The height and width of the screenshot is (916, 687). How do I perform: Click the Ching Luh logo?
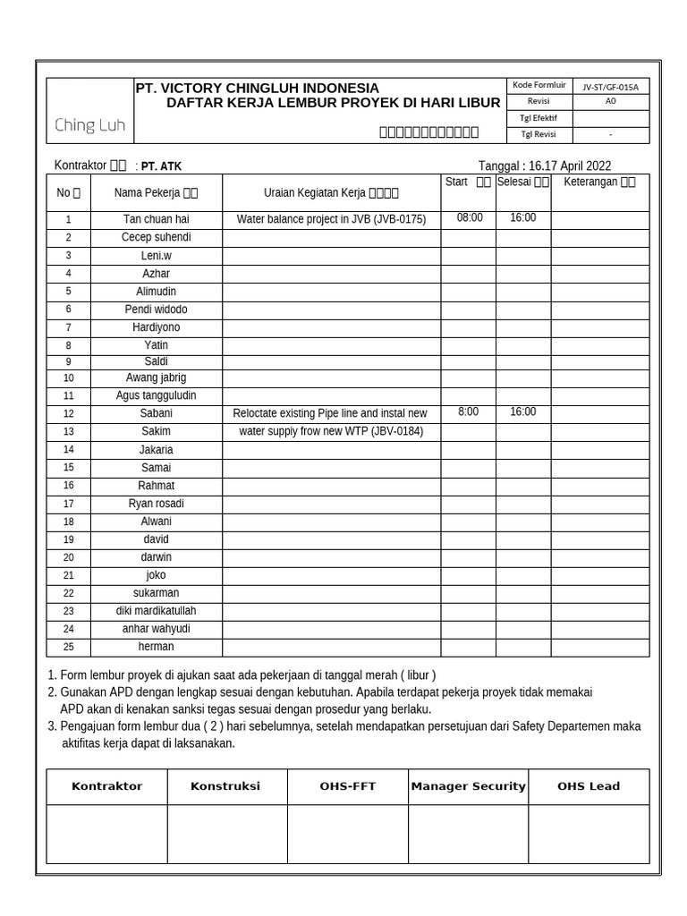click(x=89, y=125)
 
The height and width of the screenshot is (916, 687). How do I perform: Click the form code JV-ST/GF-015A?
click(x=610, y=87)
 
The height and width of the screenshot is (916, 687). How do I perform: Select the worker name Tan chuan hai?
click(x=157, y=219)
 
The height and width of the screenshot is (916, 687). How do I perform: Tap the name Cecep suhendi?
click(x=157, y=237)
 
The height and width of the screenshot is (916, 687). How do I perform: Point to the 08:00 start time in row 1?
click(x=470, y=217)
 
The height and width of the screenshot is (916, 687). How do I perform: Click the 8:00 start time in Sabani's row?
click(x=468, y=411)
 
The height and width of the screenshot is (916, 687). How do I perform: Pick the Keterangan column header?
click(x=599, y=182)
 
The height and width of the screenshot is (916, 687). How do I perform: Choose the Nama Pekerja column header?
click(x=156, y=192)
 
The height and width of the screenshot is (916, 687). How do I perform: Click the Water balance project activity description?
click(x=331, y=219)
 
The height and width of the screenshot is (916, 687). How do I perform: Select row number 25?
click(x=68, y=647)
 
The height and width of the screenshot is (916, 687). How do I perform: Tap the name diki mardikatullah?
click(x=157, y=611)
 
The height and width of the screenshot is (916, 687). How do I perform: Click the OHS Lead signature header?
click(x=588, y=786)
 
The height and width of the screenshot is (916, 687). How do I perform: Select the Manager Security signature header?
click(x=468, y=786)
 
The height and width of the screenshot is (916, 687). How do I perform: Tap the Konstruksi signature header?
click(x=225, y=786)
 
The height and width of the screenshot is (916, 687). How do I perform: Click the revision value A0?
click(x=610, y=102)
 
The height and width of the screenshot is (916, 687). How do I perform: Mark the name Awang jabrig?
click(x=157, y=377)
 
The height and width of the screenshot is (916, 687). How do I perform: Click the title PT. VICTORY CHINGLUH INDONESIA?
click(x=257, y=88)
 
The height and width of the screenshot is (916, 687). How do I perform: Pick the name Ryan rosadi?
click(x=157, y=504)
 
